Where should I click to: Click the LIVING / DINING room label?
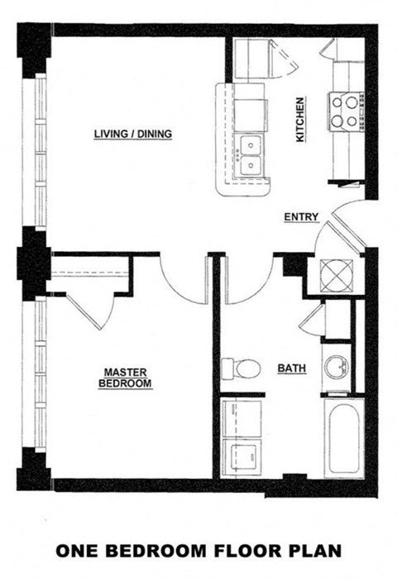pyautogui.click(x=132, y=133)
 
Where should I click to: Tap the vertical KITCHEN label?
pyautogui.click(x=300, y=119)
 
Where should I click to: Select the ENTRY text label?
pyautogui.click(x=300, y=217)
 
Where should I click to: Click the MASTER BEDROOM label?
pyautogui.click(x=126, y=377)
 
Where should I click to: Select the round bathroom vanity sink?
pyautogui.click(x=336, y=367)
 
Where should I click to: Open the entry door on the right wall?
pyautogui.click(x=341, y=227)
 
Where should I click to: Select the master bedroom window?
pyautogui.click(x=39, y=376)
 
